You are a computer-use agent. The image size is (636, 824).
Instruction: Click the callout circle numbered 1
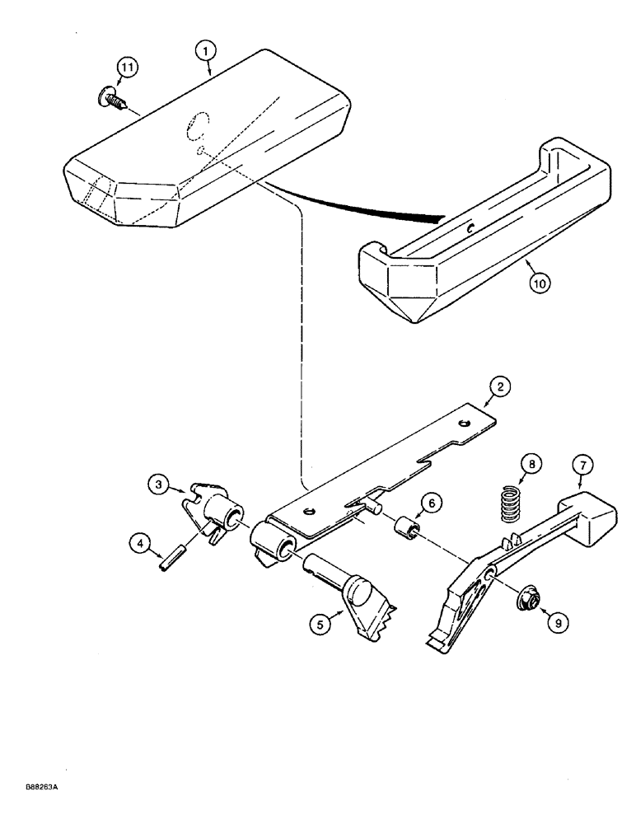click(x=207, y=50)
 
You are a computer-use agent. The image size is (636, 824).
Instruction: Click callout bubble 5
click(x=320, y=624)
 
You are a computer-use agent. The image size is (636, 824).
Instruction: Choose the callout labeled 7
click(x=582, y=466)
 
